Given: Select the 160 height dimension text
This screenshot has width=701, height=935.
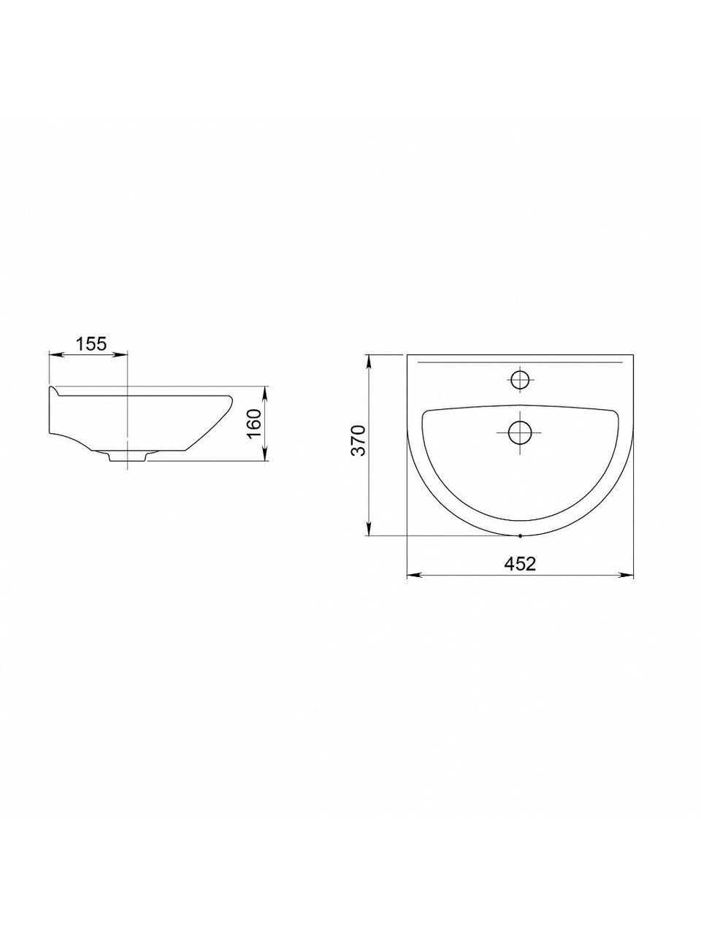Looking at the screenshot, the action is (x=254, y=424).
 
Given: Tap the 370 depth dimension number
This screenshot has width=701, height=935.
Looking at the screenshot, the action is (x=358, y=440).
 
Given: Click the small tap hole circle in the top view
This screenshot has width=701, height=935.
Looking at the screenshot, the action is (x=520, y=379).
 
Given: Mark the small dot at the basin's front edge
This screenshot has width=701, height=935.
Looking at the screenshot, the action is (x=520, y=536).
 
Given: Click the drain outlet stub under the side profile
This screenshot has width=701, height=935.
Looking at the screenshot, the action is (x=128, y=456).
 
